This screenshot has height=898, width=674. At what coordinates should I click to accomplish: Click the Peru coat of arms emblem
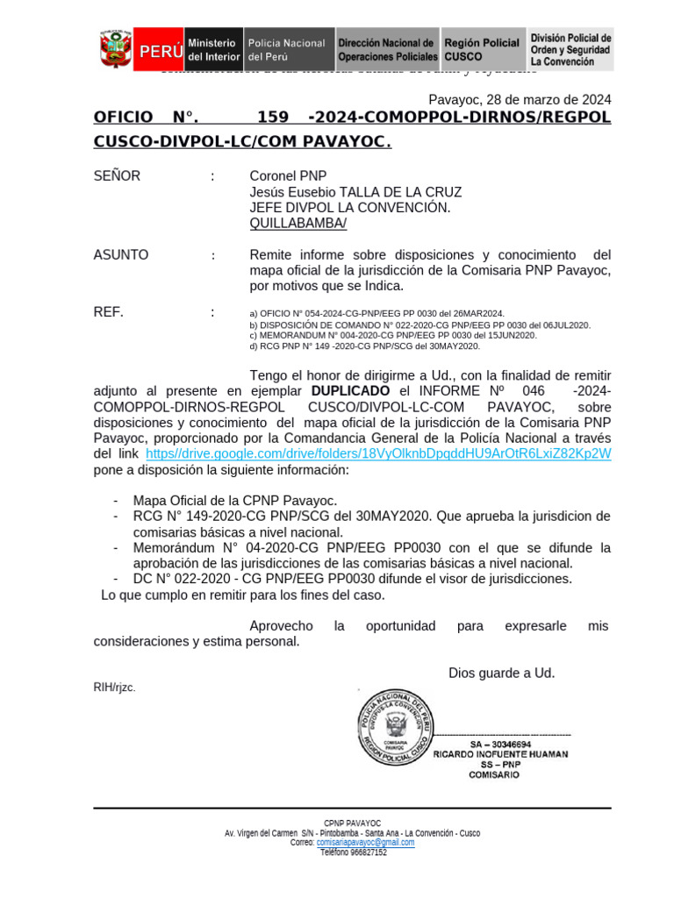pos(115,49)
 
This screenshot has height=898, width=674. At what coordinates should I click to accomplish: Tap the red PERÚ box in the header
pos(159,50)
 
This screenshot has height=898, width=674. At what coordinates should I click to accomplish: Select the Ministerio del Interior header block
pos(212,49)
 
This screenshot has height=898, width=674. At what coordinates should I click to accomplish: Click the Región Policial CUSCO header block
pos(482,49)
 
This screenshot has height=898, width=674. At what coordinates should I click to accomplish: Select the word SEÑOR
pos(117,176)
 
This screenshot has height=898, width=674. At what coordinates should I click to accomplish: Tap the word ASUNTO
pos(121,255)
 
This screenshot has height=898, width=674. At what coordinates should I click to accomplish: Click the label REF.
pos(109,311)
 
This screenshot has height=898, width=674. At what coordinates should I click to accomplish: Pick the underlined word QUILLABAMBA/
pos(298,224)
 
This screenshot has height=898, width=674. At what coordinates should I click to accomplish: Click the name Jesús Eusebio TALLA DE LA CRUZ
pos(355,192)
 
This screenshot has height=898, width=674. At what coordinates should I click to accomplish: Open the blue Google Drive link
pos(378,453)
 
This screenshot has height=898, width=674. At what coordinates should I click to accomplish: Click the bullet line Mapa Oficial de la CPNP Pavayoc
pos(235,500)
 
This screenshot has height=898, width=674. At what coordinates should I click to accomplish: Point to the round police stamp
pos(393,726)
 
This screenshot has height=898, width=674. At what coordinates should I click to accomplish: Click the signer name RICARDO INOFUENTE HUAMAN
pos(500,754)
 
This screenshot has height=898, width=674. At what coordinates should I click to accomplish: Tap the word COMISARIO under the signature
pos(496,775)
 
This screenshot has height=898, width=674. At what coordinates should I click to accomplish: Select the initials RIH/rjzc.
pos(115,688)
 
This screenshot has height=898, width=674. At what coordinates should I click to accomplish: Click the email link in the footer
pos(365,843)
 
